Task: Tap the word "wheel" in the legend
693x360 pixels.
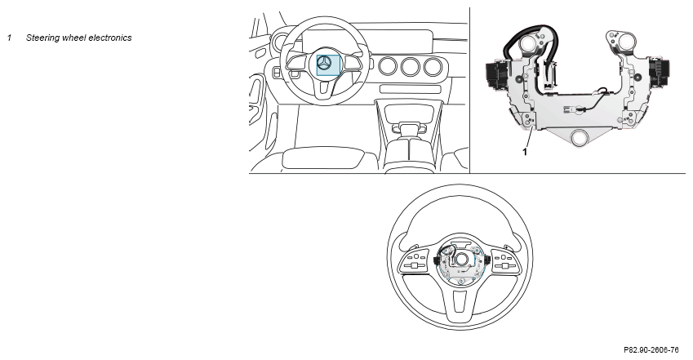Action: [73, 38]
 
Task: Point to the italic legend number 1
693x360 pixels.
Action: [9, 38]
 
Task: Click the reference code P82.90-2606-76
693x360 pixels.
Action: [651, 350]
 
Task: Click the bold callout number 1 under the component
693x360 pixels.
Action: [525, 152]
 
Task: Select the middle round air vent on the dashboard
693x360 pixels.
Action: [411, 66]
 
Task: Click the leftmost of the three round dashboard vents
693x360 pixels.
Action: [389, 66]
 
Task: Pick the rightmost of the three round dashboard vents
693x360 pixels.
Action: [433, 66]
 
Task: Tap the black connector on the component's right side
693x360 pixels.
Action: [659, 71]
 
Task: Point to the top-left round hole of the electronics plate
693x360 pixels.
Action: [527, 43]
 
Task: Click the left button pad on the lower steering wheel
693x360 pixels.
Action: [415, 261]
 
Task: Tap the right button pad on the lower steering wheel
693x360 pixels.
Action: [504, 261]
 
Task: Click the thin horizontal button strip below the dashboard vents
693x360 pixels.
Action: [411, 89]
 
